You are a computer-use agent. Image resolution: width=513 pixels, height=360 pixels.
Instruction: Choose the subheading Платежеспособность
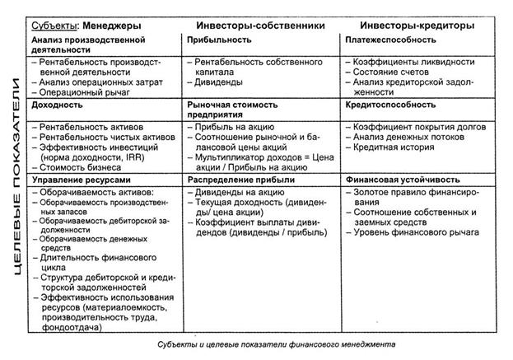[397, 40]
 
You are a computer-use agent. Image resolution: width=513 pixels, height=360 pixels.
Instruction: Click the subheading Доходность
[57, 106]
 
